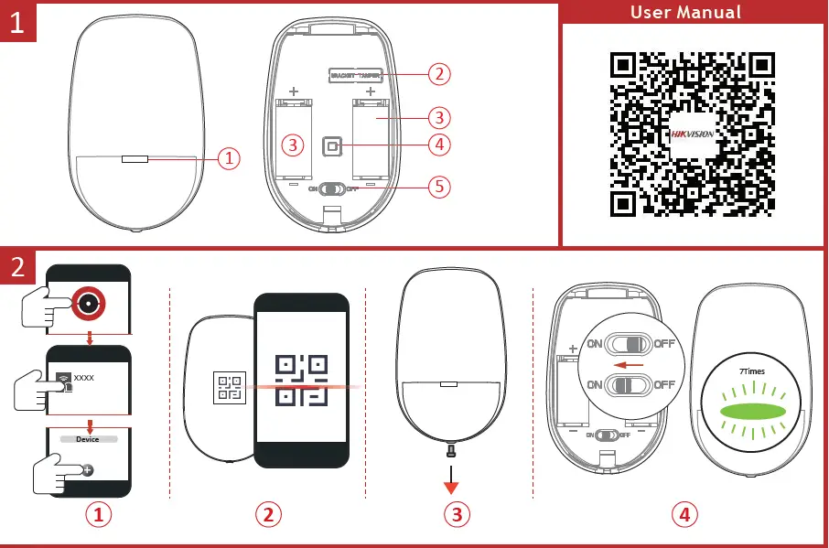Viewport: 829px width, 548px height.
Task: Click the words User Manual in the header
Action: pyautogui.click(x=686, y=12)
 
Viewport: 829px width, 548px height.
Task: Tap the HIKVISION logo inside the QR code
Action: pyautogui.click(x=693, y=134)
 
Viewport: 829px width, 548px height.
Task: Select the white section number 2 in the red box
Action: pyautogui.click(x=18, y=268)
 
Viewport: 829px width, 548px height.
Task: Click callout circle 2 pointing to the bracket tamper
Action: pyautogui.click(x=440, y=73)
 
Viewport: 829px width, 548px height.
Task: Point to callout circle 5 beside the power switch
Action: pyautogui.click(x=440, y=187)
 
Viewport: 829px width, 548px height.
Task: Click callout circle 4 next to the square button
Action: pyautogui.click(x=440, y=144)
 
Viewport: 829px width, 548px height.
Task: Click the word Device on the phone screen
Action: pyautogui.click(x=88, y=439)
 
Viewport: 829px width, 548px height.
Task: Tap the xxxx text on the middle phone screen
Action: pyautogui.click(x=84, y=377)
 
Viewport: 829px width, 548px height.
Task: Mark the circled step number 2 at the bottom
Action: pyautogui.click(x=267, y=514)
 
